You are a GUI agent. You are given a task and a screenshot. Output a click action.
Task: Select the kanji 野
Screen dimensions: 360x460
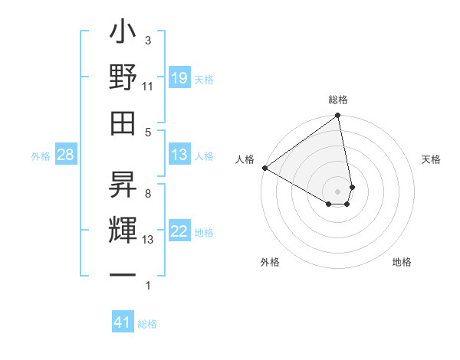coord(123,79)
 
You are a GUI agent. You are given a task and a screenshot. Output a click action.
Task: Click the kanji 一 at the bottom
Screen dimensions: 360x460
coord(123,275)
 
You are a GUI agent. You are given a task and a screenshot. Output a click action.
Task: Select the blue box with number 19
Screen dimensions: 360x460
coord(179,78)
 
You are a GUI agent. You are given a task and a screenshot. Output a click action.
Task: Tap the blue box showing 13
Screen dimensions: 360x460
coord(179,155)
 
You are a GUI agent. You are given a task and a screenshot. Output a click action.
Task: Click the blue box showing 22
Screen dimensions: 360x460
coord(179,231)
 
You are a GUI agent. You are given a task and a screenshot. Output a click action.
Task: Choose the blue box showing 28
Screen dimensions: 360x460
coord(65,155)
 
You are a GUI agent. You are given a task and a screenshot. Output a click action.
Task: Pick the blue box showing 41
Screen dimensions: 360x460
coord(123,322)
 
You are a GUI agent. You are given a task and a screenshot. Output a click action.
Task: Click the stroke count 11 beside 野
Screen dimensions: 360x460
coord(147,87)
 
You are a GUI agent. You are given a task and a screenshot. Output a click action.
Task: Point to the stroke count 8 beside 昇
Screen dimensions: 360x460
coord(148,194)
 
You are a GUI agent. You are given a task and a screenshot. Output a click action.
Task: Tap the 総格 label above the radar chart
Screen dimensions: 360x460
coord(338,100)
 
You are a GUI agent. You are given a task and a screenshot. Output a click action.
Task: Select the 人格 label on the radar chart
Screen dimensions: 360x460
coord(245,159)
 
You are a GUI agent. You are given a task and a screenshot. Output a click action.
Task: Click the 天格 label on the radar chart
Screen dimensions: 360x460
coord(432,159)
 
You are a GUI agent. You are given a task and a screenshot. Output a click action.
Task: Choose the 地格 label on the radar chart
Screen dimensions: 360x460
coord(402,262)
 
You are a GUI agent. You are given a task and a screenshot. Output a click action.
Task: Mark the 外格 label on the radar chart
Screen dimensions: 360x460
coord(270,262)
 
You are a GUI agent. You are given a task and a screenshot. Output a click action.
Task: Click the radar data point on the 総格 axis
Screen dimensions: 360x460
coord(337,116)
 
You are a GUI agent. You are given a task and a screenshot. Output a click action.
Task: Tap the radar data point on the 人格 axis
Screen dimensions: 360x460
coord(264,168)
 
